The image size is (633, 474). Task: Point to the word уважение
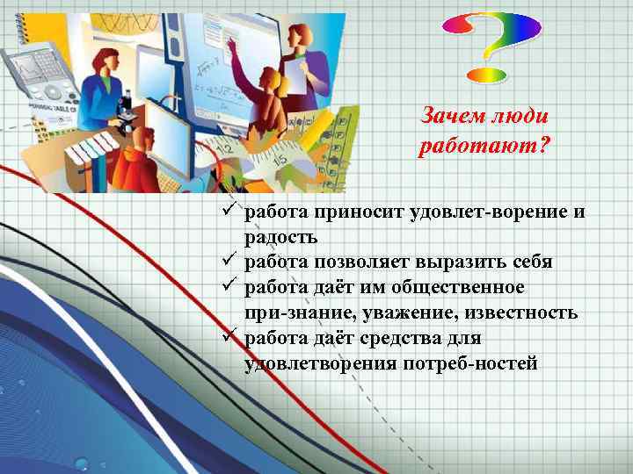click(x=433, y=312)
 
